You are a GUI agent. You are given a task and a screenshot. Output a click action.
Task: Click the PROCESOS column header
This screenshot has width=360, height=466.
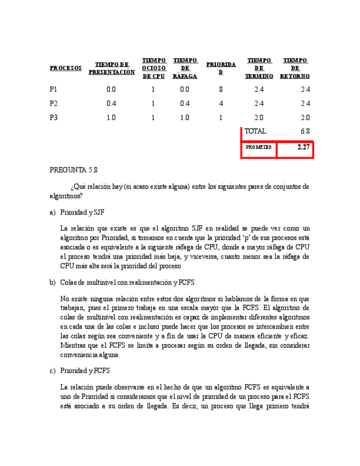point(65,69)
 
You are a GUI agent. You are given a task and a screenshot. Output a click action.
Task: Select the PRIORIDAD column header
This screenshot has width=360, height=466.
point(221,68)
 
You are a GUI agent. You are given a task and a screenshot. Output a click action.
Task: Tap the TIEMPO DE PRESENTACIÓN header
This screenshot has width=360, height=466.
point(112,68)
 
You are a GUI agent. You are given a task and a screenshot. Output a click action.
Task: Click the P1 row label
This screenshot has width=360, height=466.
point(53,89)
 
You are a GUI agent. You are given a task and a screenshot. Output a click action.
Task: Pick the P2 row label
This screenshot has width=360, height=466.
point(53,103)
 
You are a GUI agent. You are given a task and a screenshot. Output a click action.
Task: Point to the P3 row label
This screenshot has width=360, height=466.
point(53,118)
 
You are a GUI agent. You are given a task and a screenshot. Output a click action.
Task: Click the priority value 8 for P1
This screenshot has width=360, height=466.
point(220,89)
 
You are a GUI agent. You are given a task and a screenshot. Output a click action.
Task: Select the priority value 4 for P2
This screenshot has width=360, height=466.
point(220,103)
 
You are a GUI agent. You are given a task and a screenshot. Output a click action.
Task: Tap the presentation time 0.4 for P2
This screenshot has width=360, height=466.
point(112,103)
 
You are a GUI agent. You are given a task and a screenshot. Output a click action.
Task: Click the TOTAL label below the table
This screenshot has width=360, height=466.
point(255,131)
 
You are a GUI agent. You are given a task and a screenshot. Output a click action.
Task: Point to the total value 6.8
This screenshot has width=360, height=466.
point(305,131)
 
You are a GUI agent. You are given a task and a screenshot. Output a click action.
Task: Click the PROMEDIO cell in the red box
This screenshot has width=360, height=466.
point(258,147)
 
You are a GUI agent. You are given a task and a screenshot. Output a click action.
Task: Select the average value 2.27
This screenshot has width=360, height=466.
point(303,147)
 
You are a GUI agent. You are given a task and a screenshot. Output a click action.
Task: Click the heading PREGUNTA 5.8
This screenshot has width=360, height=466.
point(73,171)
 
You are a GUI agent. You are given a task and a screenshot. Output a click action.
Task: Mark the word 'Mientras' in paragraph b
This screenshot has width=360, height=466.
point(74,346)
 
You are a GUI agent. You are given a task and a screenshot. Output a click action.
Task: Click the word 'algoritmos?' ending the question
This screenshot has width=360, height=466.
point(66,196)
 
